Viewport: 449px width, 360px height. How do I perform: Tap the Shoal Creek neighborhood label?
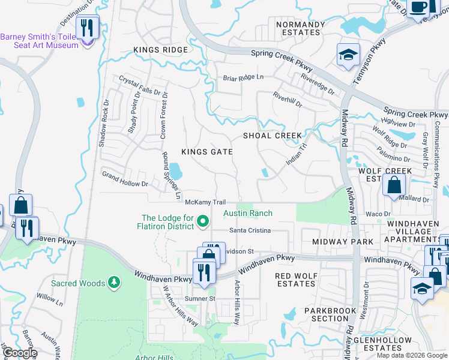click(x=272, y=136)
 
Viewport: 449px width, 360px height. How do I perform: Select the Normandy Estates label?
click(x=300, y=28)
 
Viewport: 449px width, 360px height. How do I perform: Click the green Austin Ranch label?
click(x=248, y=213)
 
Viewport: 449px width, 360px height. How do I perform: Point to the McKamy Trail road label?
click(x=205, y=202)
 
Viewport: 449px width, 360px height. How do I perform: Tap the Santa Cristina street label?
click(x=250, y=230)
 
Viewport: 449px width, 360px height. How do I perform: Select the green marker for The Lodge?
click(x=202, y=222)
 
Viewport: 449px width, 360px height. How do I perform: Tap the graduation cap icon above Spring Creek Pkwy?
click(x=348, y=55)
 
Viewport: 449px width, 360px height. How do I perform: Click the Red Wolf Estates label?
click(x=295, y=280)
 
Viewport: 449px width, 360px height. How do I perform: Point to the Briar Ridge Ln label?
click(x=243, y=77)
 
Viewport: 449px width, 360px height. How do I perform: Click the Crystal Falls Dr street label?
click(x=140, y=87)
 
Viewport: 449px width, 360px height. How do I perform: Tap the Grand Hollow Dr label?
click(x=125, y=179)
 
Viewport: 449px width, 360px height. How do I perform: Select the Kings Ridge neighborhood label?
click(x=157, y=50)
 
